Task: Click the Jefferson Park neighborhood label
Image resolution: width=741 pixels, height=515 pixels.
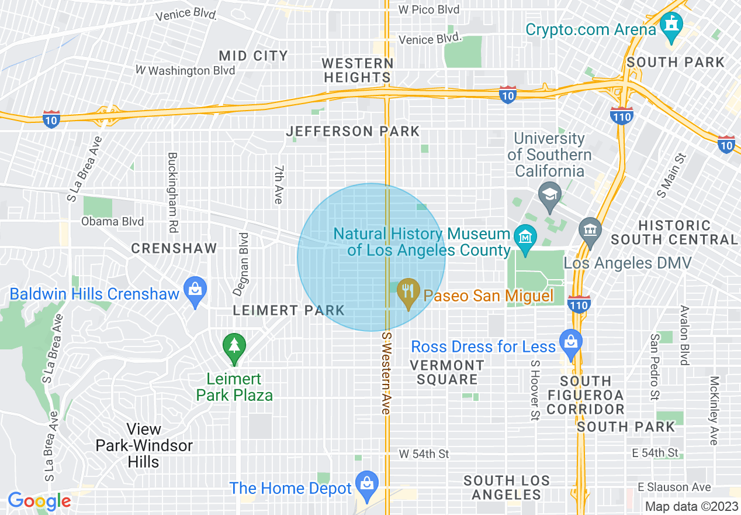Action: tap(352, 132)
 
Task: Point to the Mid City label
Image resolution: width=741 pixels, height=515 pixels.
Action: tap(253, 56)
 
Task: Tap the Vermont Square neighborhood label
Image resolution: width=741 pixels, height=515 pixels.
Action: tap(447, 372)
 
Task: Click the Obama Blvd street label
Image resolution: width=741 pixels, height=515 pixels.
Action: tap(113, 222)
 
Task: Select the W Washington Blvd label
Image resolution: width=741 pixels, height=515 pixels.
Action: tap(185, 71)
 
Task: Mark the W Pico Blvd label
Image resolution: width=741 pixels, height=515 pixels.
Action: tap(428, 9)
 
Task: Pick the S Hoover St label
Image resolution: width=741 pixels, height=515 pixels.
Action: tap(534, 390)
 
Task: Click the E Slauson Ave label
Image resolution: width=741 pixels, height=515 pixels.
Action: tap(674, 487)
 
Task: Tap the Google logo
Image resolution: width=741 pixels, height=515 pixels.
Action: tap(39, 501)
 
